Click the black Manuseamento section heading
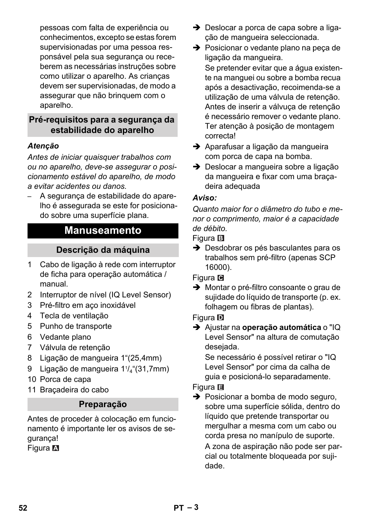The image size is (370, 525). pos(103,230)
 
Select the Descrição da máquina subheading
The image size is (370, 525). pos(103,250)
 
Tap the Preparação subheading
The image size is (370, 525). pos(103,404)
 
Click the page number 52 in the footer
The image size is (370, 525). pos(23,508)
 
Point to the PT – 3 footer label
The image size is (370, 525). pos(186,508)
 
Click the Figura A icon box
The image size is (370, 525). pos(56,448)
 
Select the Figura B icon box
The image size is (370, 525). pos(221,238)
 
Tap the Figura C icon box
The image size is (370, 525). pos(221,278)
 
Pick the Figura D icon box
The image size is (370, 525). pos(221,318)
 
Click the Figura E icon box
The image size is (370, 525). pos(221,387)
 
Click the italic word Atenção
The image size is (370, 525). pos(43,146)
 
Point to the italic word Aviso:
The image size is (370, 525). pos(204,198)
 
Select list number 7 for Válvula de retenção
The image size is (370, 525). pos(29,348)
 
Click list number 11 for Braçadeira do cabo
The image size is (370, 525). pos(31,390)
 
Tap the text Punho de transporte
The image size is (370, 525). pos(76,326)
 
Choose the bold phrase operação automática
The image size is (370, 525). pos(282,328)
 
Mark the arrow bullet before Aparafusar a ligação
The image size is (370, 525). pos(196,147)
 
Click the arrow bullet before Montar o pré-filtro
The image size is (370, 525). pos(196,288)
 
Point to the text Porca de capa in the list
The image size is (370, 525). pos(65,380)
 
